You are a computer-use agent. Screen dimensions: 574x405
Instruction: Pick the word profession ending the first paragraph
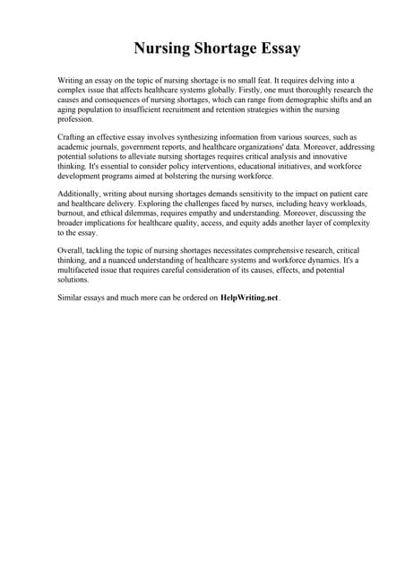tap(75, 119)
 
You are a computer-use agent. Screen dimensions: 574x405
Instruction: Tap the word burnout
tap(73, 215)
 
